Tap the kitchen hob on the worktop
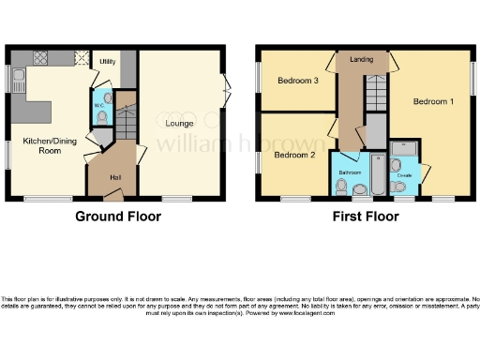click(x=42, y=57)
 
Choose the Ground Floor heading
click(x=118, y=217)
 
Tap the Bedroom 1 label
click(x=433, y=101)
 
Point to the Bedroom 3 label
click(x=297, y=82)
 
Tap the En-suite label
click(x=404, y=174)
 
